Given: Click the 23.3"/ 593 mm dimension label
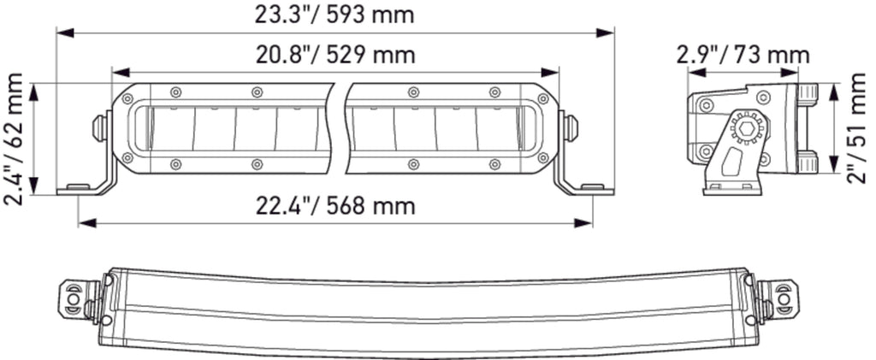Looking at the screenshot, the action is click(334, 15).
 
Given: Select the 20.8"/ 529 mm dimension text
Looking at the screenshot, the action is click(335, 56).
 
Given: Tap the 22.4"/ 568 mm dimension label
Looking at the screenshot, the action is click(335, 206).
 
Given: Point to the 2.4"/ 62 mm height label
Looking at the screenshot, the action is click(14, 139).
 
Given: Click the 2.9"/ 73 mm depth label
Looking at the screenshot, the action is click(743, 56).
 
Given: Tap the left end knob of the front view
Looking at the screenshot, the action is click(100, 127).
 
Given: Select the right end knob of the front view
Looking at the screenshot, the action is click(571, 127).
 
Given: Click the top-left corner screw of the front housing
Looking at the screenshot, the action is click(128, 99).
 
